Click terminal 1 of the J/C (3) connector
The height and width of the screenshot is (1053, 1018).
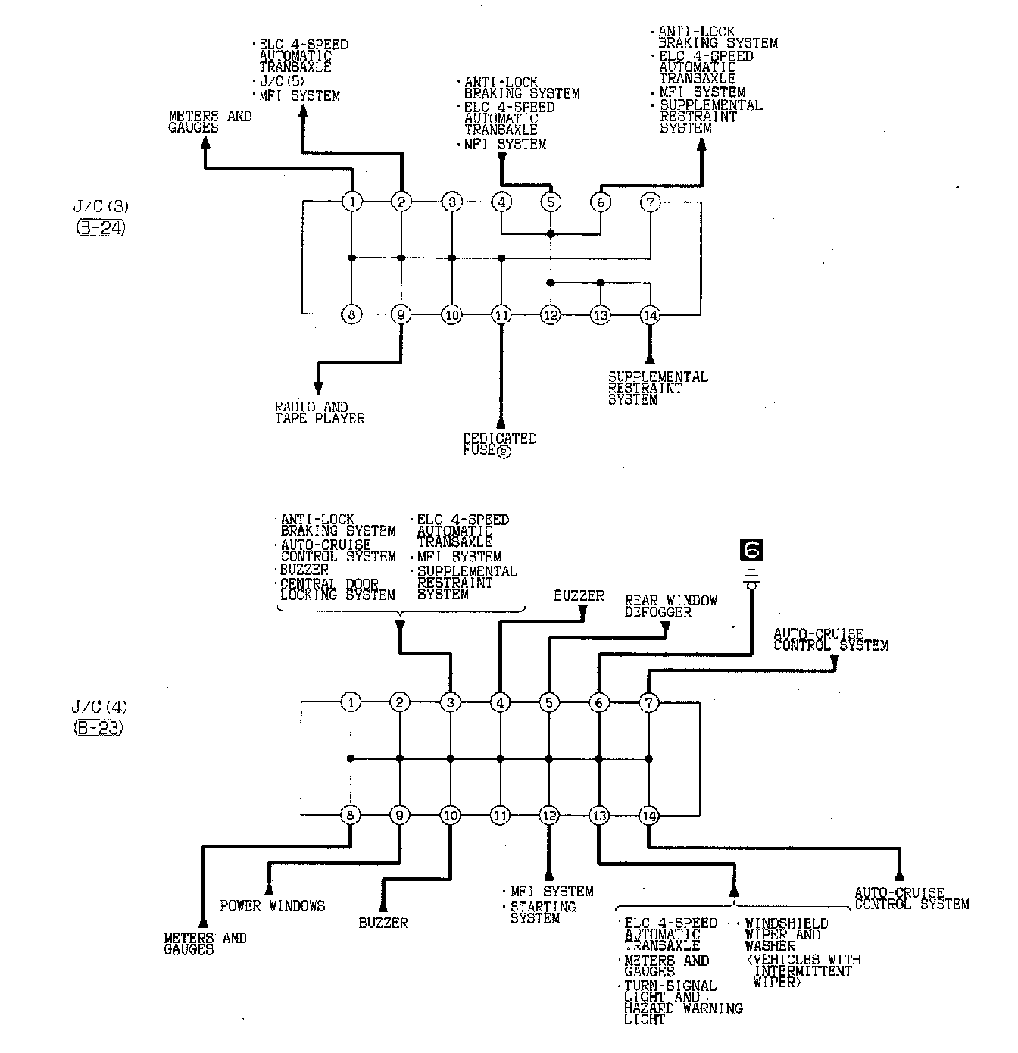352,202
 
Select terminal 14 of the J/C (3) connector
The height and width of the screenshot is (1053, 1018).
650,314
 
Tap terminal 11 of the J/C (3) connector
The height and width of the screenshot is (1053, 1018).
501,314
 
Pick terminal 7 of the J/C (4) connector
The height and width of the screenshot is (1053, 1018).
649,702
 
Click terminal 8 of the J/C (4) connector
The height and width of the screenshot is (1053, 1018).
351,816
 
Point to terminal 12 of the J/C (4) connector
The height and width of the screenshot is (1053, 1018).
549,816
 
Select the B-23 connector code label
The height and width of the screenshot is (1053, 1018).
99,728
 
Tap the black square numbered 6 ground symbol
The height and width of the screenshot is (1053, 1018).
752,550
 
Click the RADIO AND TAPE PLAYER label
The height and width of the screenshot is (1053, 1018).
319,413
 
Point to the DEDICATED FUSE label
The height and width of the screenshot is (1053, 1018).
499,445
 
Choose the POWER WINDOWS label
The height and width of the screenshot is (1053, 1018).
272,905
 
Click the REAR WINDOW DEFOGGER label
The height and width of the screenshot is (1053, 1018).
670,606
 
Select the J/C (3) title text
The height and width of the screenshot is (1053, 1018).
100,205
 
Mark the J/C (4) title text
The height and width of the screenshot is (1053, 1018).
99,708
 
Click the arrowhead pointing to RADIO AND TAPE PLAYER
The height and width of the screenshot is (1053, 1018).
318,389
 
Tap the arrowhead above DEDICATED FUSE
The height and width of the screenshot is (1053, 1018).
500,421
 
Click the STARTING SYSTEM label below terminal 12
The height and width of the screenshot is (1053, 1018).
543,913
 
